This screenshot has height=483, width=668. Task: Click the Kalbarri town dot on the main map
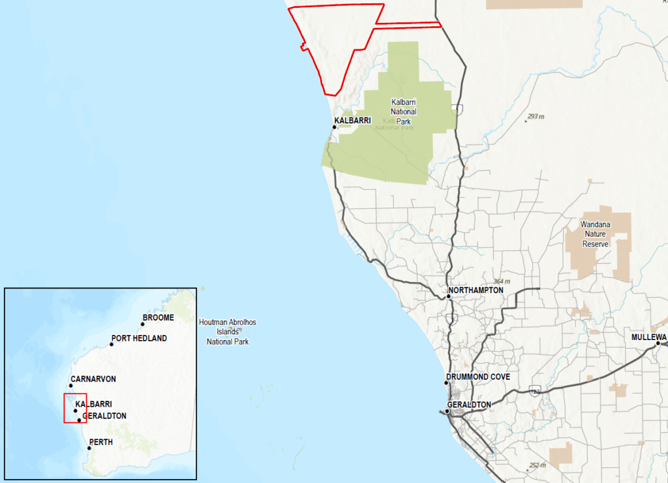pyautogui.click(x=334, y=127)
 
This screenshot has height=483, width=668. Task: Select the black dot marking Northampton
pyautogui.click(x=449, y=297)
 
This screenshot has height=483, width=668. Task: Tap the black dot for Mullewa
pyautogui.click(x=658, y=343)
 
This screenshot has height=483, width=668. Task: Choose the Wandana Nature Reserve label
pyautogui.click(x=596, y=234)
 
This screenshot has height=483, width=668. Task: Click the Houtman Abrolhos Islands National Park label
pyautogui.click(x=228, y=332)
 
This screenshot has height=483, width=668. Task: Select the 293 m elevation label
pyautogui.click(x=535, y=116)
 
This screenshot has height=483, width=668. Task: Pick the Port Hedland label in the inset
pyautogui.click(x=139, y=338)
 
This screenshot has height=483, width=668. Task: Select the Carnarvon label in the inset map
pyautogui.click(x=93, y=379)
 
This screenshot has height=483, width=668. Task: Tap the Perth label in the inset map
pyautogui.click(x=100, y=442)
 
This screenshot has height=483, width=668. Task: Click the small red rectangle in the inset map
pyautogui.click(x=75, y=409)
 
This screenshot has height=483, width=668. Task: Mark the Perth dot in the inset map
pyautogui.click(x=89, y=448)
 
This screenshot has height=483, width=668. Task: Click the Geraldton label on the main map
pyautogui.click(x=468, y=405)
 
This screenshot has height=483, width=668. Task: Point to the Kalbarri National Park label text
pyautogui.click(x=403, y=112)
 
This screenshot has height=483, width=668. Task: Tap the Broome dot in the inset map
pyautogui.click(x=143, y=324)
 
